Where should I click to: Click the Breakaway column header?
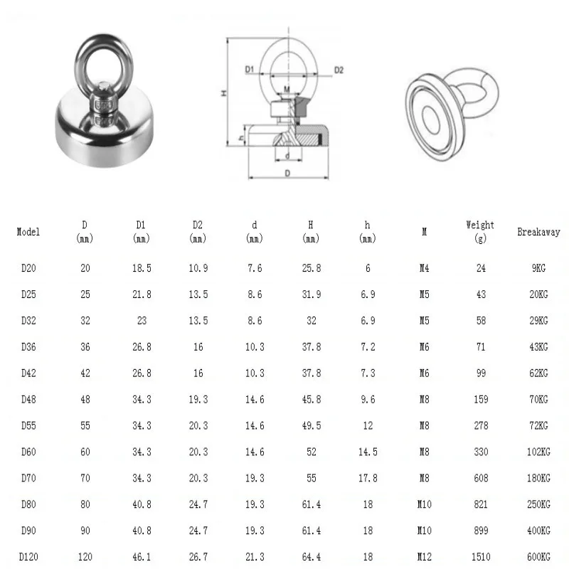(538, 232)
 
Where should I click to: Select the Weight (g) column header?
(480, 232)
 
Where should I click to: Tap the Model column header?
(28, 232)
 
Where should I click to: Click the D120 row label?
(28, 557)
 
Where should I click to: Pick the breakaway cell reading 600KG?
(538, 557)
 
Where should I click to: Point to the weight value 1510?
(481, 557)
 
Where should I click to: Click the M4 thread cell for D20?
(424, 268)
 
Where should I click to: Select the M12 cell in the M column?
(424, 557)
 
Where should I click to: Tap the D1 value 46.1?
(142, 557)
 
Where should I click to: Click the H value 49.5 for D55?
(312, 425)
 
